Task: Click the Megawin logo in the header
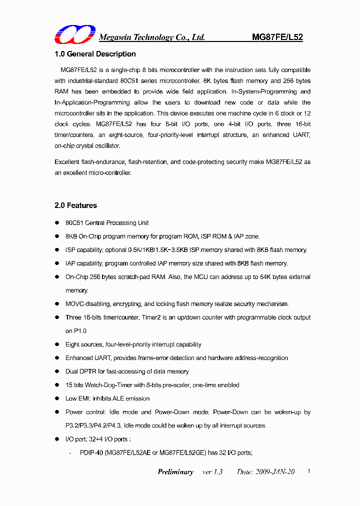tap(75, 34)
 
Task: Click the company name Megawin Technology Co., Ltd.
tap(152, 37)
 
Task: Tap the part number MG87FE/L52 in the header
tap(277, 37)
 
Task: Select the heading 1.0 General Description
tap(95, 54)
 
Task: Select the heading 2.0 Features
tap(75, 205)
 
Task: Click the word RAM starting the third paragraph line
tap(61, 92)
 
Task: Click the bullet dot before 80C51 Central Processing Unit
tap(56, 223)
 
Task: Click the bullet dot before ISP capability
tap(56, 250)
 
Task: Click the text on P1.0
tap(76, 331)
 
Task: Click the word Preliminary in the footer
tap(175, 472)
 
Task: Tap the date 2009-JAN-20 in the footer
tap(273, 472)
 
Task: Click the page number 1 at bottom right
tap(309, 471)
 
